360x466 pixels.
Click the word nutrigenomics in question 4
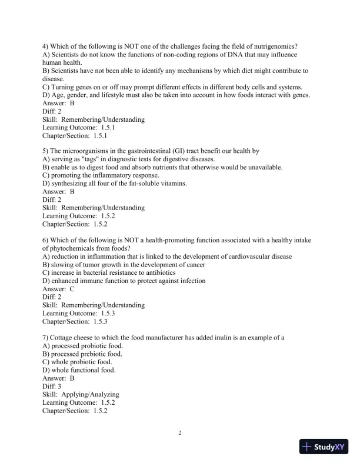tap(276, 46)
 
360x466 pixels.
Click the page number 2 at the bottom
tap(180, 434)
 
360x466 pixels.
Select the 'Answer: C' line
tap(58, 289)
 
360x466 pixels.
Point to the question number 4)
tap(46, 46)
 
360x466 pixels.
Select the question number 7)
tap(46, 337)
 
